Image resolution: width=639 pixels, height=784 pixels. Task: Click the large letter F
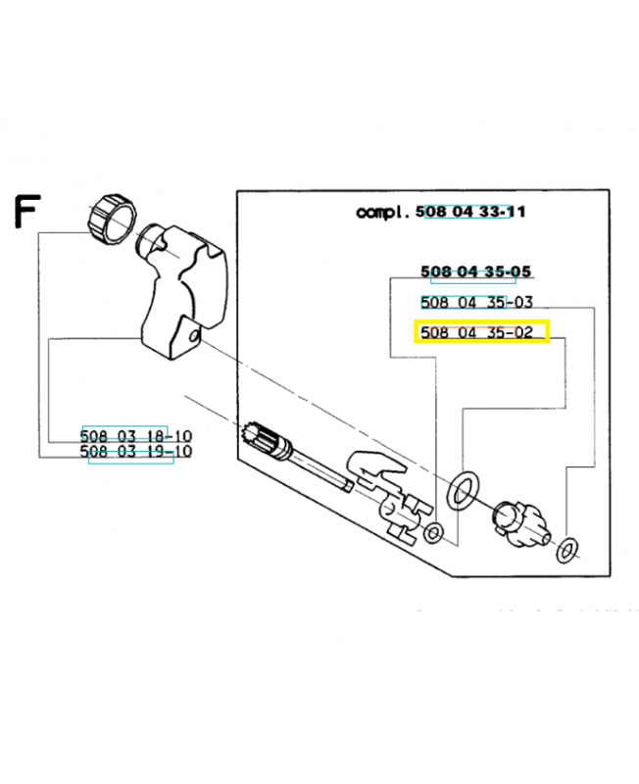(x=26, y=212)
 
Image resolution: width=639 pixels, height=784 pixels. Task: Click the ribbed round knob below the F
(x=113, y=219)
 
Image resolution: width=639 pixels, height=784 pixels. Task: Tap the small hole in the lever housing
(x=194, y=335)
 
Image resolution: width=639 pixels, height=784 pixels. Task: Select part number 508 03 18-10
(x=136, y=435)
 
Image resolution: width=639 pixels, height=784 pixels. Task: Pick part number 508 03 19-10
(x=136, y=452)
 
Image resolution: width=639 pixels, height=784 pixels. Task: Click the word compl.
(x=383, y=212)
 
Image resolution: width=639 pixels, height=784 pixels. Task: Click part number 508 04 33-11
(x=470, y=212)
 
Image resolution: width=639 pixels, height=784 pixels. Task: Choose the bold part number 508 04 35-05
(x=475, y=271)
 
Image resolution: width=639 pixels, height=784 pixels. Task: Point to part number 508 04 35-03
(x=476, y=302)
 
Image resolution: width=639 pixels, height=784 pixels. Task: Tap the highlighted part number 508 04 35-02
(x=476, y=332)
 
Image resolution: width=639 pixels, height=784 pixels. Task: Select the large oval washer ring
(x=463, y=490)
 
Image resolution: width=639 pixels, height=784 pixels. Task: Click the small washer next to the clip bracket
(x=433, y=533)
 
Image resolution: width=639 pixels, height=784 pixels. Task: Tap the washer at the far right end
(x=566, y=550)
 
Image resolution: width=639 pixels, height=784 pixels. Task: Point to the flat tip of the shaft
(x=348, y=485)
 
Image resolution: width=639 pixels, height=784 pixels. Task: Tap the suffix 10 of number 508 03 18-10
(x=180, y=435)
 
